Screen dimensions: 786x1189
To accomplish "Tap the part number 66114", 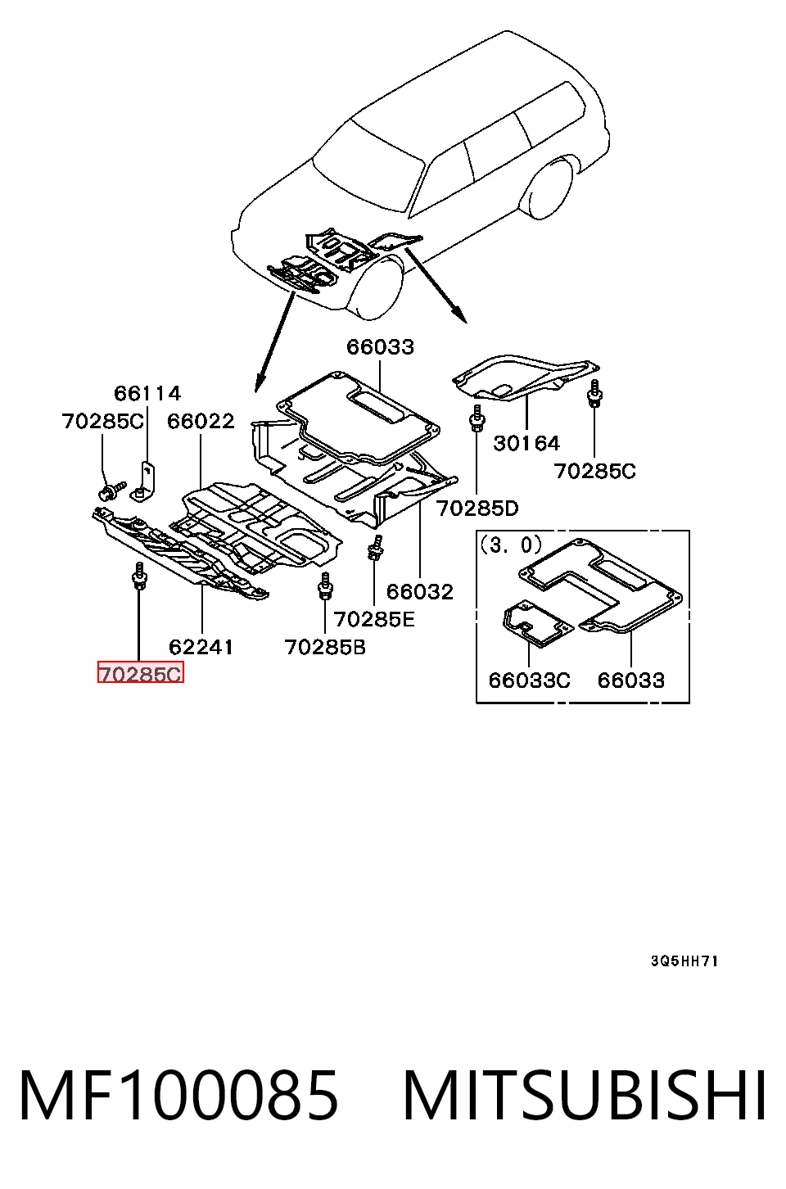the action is [147, 393].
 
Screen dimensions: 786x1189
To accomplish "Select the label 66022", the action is [201, 421].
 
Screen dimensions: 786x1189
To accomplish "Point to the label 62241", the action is [201, 647].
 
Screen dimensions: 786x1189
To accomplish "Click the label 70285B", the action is [325, 647].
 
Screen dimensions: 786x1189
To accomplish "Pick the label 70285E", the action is [374, 619].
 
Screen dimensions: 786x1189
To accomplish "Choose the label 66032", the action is [420, 592].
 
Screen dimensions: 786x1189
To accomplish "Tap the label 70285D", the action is [477, 509].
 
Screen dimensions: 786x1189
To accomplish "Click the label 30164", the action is [526, 443].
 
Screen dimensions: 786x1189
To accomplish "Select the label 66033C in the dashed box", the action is [529, 680].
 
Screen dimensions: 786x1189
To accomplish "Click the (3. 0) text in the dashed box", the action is [511, 545].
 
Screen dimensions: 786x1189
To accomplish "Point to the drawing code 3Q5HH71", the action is [684, 961].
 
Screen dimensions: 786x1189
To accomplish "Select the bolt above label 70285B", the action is [325, 585].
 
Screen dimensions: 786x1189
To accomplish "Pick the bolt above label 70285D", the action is [477, 418].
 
